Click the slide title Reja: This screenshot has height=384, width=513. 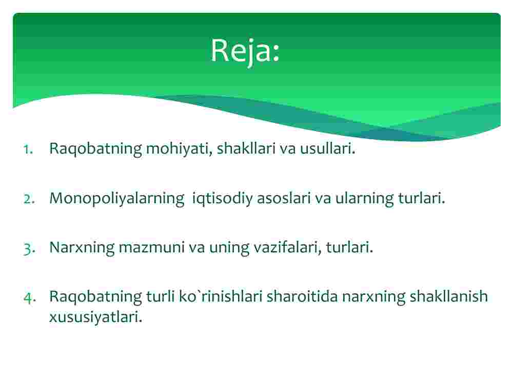[x=245, y=51]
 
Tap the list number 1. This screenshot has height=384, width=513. [x=28, y=150]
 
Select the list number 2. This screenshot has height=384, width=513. [x=29, y=199]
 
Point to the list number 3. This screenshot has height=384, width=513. [x=29, y=249]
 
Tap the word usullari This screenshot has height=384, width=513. [x=327, y=148]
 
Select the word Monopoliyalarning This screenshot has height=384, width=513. [x=117, y=199]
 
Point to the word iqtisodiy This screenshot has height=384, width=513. [x=223, y=199]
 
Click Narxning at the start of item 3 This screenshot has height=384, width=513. [x=82, y=248]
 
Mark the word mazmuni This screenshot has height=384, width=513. [x=152, y=247]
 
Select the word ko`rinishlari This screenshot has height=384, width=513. [x=221, y=296]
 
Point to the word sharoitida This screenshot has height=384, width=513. [x=302, y=296]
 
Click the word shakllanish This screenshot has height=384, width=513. [x=448, y=296]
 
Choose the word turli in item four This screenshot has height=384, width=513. [x=160, y=296]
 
